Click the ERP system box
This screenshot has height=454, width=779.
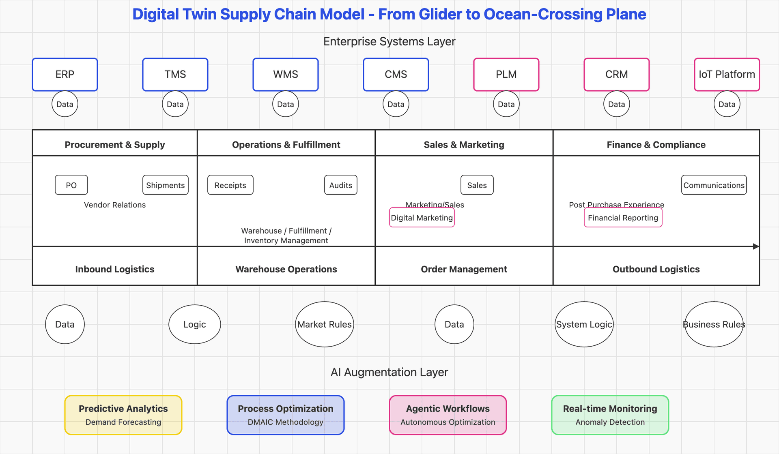pos(65,75)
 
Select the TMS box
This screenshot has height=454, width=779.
pos(175,75)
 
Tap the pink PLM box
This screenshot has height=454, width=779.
pos(506,75)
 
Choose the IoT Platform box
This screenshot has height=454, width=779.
pos(727,75)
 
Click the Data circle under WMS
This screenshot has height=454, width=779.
pos(286,104)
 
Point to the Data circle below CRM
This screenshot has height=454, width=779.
pos(616,104)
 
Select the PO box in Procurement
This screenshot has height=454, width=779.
pos(71,185)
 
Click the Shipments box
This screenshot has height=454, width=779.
pos(166,185)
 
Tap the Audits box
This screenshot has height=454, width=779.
pos(341,185)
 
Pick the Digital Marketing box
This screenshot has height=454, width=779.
pos(422,218)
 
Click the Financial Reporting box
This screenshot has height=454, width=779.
pos(623,218)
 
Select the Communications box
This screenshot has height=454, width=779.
pos(714,185)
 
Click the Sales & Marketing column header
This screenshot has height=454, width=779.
pos(464,145)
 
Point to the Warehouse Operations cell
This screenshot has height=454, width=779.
pos(286,269)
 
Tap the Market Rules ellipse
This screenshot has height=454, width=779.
pos(325,324)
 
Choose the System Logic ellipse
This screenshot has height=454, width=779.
pos(584,324)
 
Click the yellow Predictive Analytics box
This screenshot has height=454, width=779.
pos(123,415)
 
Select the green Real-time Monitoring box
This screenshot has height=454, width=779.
pos(610,415)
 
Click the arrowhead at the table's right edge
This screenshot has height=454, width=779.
pos(756,246)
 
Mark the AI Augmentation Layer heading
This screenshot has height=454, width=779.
pos(389,372)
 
